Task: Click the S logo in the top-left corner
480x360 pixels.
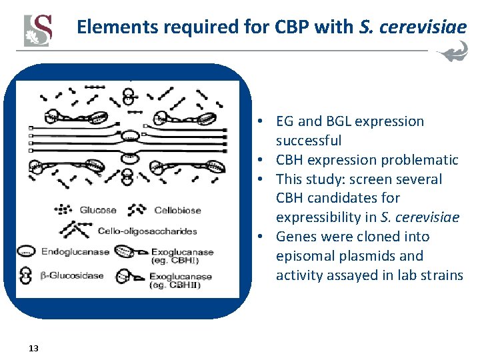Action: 38,30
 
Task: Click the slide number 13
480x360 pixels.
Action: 34,348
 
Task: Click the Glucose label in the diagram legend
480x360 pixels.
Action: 98,210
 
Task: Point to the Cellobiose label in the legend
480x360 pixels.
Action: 177,210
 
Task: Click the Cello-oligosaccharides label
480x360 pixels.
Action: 147,231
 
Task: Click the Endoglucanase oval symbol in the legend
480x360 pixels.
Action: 27,251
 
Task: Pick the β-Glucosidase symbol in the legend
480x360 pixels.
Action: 27,275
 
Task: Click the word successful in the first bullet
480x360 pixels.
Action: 309,141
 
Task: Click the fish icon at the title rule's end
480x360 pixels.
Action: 452,53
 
